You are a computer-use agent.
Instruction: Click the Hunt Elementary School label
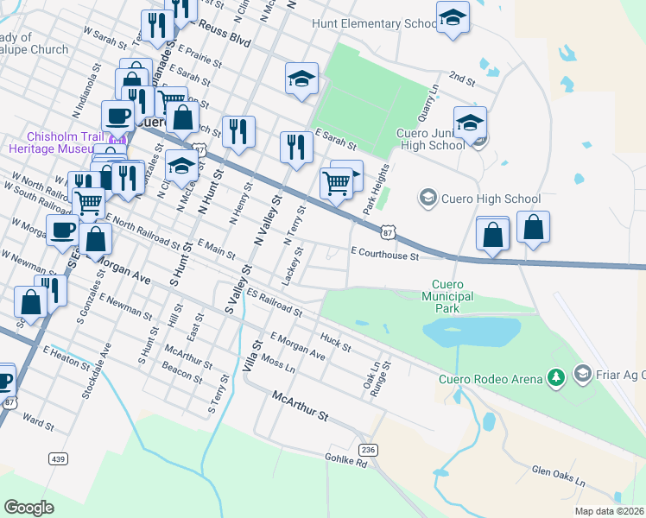375,23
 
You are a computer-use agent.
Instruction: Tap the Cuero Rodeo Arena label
491,378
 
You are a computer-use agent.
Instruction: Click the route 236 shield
369,450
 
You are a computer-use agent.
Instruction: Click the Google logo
29,507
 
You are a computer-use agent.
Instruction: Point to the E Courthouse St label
384,256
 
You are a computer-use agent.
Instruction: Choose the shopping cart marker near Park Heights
335,182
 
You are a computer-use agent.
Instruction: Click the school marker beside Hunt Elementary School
453,17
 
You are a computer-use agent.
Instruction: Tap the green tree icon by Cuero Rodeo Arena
558,376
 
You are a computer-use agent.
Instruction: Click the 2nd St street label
463,79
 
